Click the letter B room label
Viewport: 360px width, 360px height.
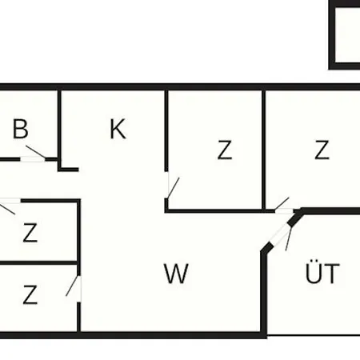(x=20, y=129)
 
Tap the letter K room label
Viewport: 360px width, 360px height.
(x=118, y=129)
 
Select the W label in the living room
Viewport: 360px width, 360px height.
(x=176, y=274)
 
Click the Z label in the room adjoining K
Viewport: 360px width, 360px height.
(x=225, y=150)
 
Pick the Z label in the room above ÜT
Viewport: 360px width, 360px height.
(x=322, y=150)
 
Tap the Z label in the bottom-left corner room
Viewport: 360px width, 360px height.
(x=30, y=294)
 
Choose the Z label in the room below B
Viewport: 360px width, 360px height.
(x=30, y=233)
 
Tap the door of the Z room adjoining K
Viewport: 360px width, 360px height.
(x=173, y=186)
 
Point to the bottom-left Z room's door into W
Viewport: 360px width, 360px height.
(x=74, y=289)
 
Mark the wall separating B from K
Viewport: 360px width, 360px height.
(x=59, y=130)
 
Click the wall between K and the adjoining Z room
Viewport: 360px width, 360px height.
(x=166, y=130)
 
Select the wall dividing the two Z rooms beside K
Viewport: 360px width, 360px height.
(x=264, y=150)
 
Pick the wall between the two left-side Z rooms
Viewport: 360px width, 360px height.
(x=39, y=263)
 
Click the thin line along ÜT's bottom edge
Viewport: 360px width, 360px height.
(x=314, y=335)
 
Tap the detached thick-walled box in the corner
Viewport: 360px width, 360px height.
(x=345, y=35)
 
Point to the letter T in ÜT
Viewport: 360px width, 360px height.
(x=333, y=274)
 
